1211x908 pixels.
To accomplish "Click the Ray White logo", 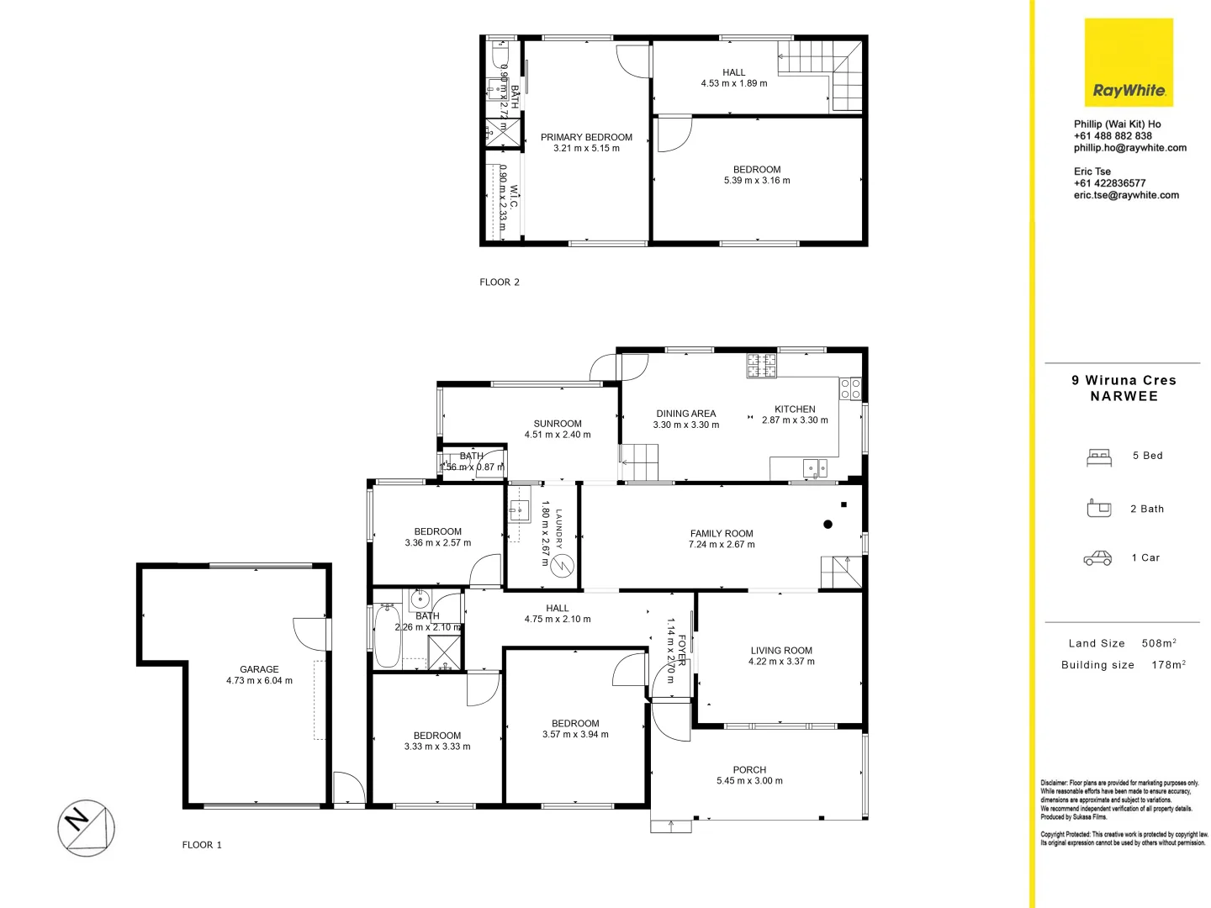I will [x=1129, y=63].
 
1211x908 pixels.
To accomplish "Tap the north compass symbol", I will [x=86, y=827].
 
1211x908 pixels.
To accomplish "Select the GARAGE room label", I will [x=259, y=669].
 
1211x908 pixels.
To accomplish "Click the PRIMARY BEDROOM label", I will [x=586, y=137].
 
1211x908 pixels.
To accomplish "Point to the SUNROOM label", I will [x=558, y=424].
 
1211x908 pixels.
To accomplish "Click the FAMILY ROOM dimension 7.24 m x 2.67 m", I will [x=722, y=545].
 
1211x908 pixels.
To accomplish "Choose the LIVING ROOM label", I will [x=781, y=650].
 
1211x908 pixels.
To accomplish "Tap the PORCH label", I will [x=749, y=769].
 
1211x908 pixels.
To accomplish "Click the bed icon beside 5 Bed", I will [x=1099, y=457].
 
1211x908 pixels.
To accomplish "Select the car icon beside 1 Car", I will [x=1097, y=558].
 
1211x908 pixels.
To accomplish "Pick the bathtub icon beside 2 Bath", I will [x=1099, y=509].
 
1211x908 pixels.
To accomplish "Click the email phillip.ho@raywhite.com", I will [x=1129, y=148].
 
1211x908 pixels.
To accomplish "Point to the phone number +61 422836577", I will [x=1109, y=183].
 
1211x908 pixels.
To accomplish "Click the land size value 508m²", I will [x=1159, y=643].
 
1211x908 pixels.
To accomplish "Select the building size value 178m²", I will [x=1168, y=665].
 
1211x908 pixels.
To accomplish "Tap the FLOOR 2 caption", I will [x=500, y=282].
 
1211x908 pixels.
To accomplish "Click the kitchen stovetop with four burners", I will [x=762, y=366].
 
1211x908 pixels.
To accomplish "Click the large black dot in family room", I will [x=828, y=525].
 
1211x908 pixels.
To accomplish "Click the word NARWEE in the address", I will [x=1124, y=397].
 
